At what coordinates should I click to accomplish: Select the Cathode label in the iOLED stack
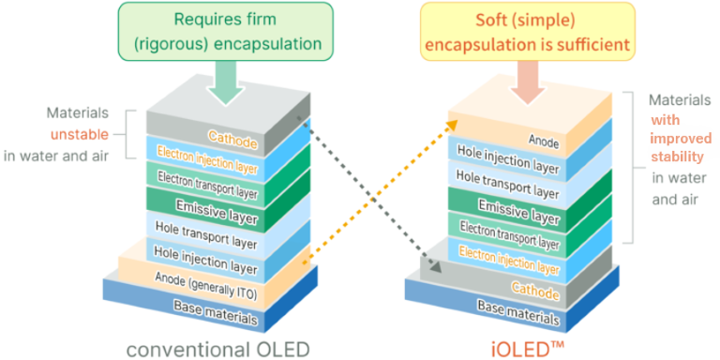(536, 290)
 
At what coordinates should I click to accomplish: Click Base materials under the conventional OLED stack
(215, 312)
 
